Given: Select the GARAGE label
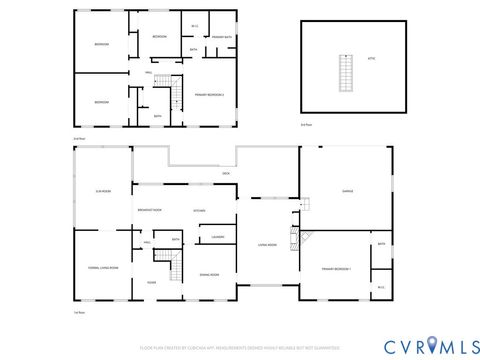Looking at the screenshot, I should click(348, 192).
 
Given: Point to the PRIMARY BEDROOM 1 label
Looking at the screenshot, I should click(336, 269).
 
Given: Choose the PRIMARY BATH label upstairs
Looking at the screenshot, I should click(222, 37).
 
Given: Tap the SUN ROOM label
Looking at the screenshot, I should click(102, 191).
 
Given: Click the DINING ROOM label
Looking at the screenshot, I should click(209, 274).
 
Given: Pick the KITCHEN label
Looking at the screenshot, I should click(199, 211).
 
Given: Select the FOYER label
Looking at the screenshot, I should click(151, 283).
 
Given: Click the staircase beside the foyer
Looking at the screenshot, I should click(176, 266).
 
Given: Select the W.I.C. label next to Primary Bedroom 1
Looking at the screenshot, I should click(381, 288).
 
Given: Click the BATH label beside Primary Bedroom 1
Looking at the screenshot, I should click(381, 244).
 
